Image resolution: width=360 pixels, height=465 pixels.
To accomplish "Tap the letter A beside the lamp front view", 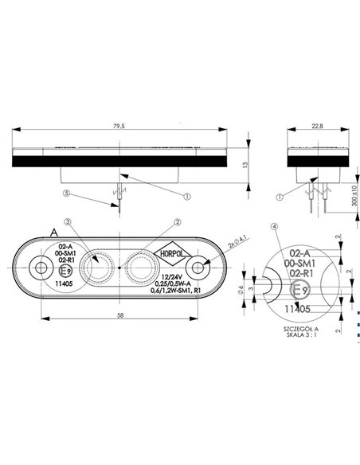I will [x=53, y=232].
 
